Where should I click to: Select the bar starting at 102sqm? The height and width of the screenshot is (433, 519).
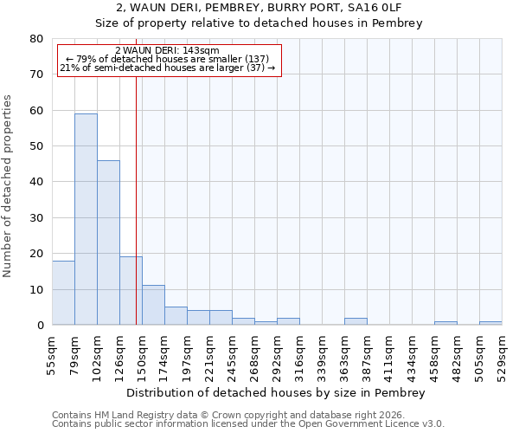point(108,242)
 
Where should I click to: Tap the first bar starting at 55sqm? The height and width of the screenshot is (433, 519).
point(63,293)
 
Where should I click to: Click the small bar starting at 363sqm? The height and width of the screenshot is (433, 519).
point(356,321)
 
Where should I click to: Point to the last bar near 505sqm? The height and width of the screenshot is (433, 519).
point(490,323)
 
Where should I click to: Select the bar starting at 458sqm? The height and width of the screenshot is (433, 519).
point(445,323)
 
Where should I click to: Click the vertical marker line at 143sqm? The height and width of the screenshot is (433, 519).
point(136,199)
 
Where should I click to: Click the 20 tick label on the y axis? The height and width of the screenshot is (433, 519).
point(35,254)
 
